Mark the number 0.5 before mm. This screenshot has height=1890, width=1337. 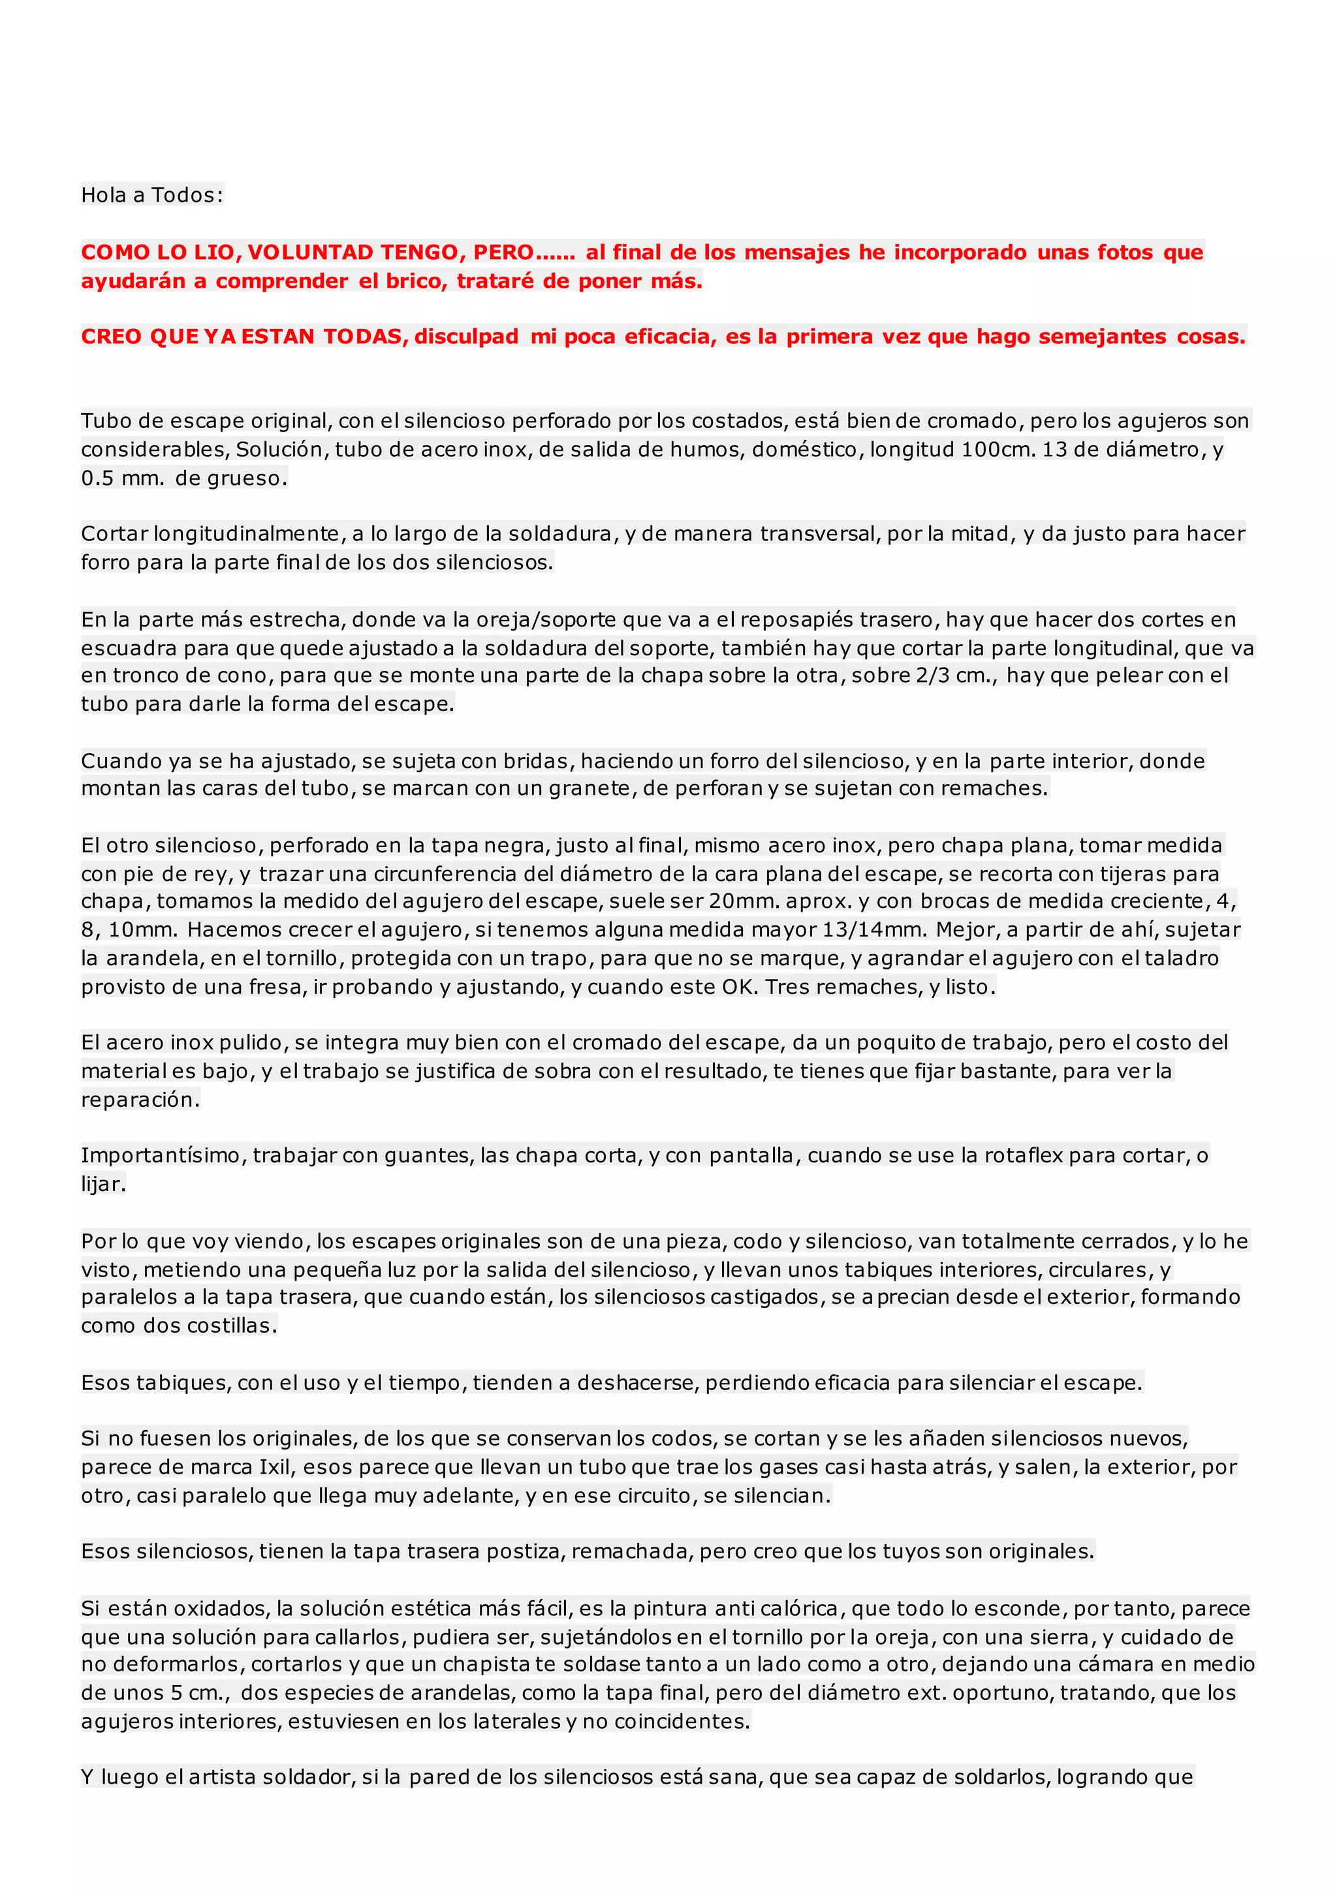point(97,478)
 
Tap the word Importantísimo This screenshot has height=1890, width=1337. point(161,1156)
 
